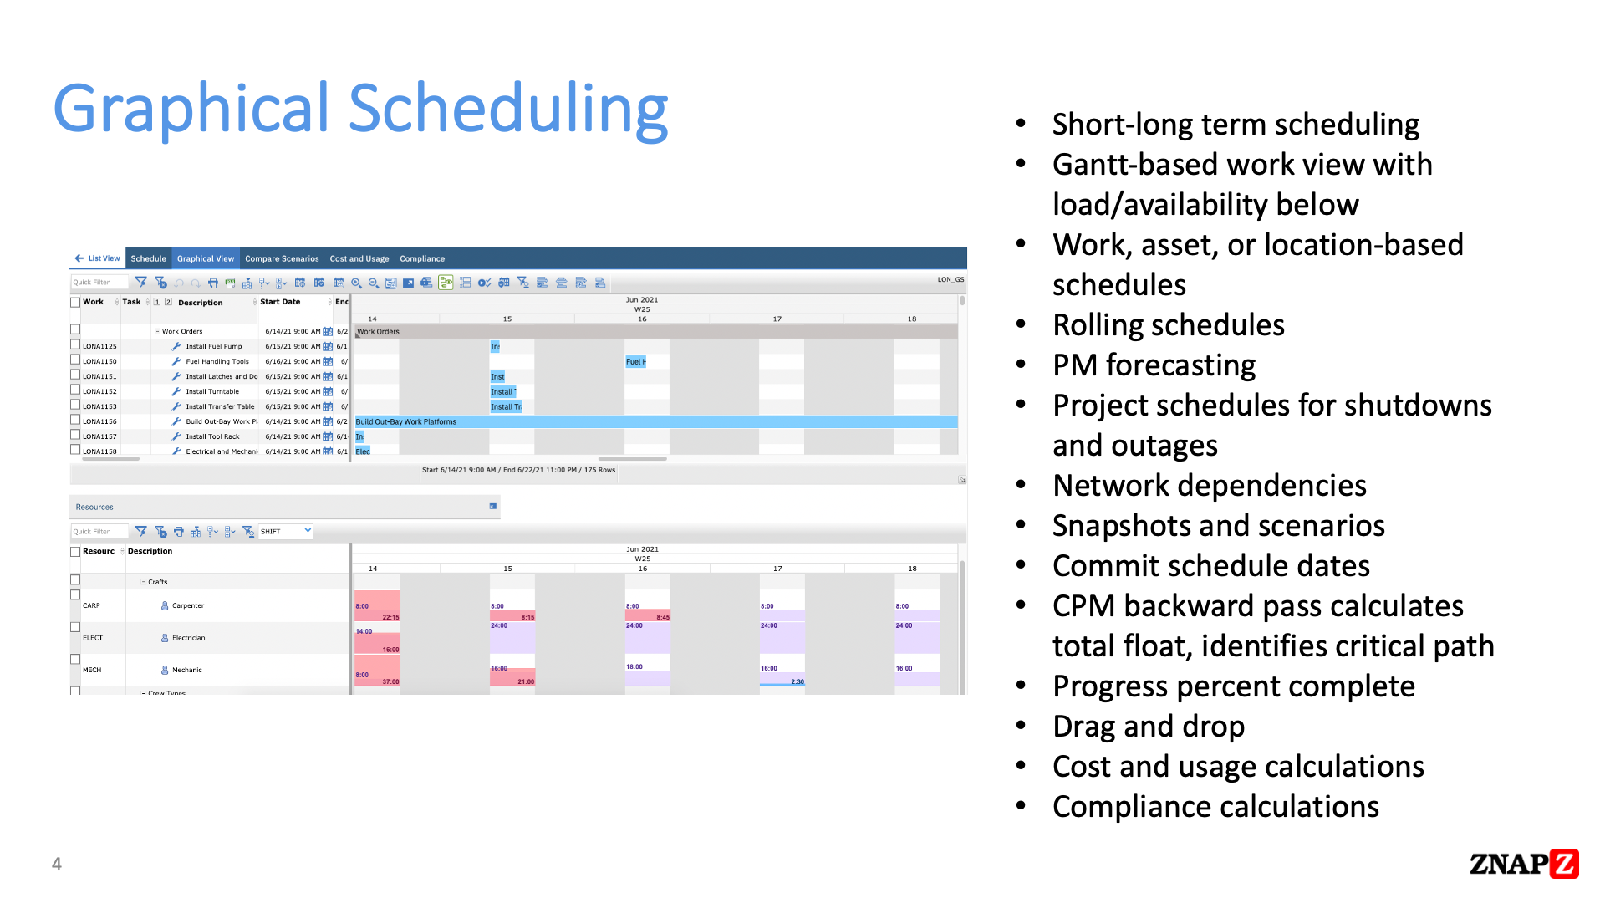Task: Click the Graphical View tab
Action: [205, 258]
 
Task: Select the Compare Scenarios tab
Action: [282, 258]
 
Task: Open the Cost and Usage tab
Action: [359, 258]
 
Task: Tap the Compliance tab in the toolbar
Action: [421, 258]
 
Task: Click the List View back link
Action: [98, 258]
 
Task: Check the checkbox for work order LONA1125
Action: [75, 345]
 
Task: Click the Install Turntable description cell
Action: [212, 391]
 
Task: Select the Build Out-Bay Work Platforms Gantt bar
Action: [655, 421]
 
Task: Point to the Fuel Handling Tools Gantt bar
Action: [635, 361]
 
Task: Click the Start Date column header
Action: [280, 302]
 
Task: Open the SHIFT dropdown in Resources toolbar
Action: [285, 531]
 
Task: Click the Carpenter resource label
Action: [187, 605]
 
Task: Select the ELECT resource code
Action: [93, 638]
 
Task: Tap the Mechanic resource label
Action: [186, 670]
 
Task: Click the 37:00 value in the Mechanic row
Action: [390, 681]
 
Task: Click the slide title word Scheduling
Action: [507, 109]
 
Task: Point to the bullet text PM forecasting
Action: [1154, 365]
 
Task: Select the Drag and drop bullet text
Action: [1148, 727]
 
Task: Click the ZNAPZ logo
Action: [1523, 864]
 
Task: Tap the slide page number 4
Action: [57, 865]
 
